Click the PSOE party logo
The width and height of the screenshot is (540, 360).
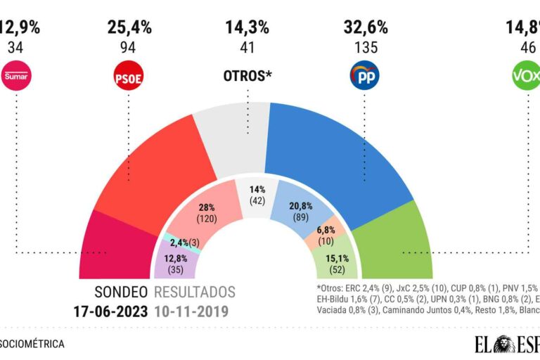tap(128, 77)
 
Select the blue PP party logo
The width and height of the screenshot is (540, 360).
tap(364, 77)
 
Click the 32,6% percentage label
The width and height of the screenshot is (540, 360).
tap(364, 28)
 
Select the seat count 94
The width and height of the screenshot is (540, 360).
tap(128, 48)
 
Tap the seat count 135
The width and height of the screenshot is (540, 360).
tap(364, 48)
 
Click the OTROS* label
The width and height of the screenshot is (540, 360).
tap(247, 76)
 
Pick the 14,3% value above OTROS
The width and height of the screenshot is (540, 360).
tap(247, 28)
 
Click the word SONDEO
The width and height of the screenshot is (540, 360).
tap(121, 292)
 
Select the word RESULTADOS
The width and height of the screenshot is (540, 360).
tap(195, 292)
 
